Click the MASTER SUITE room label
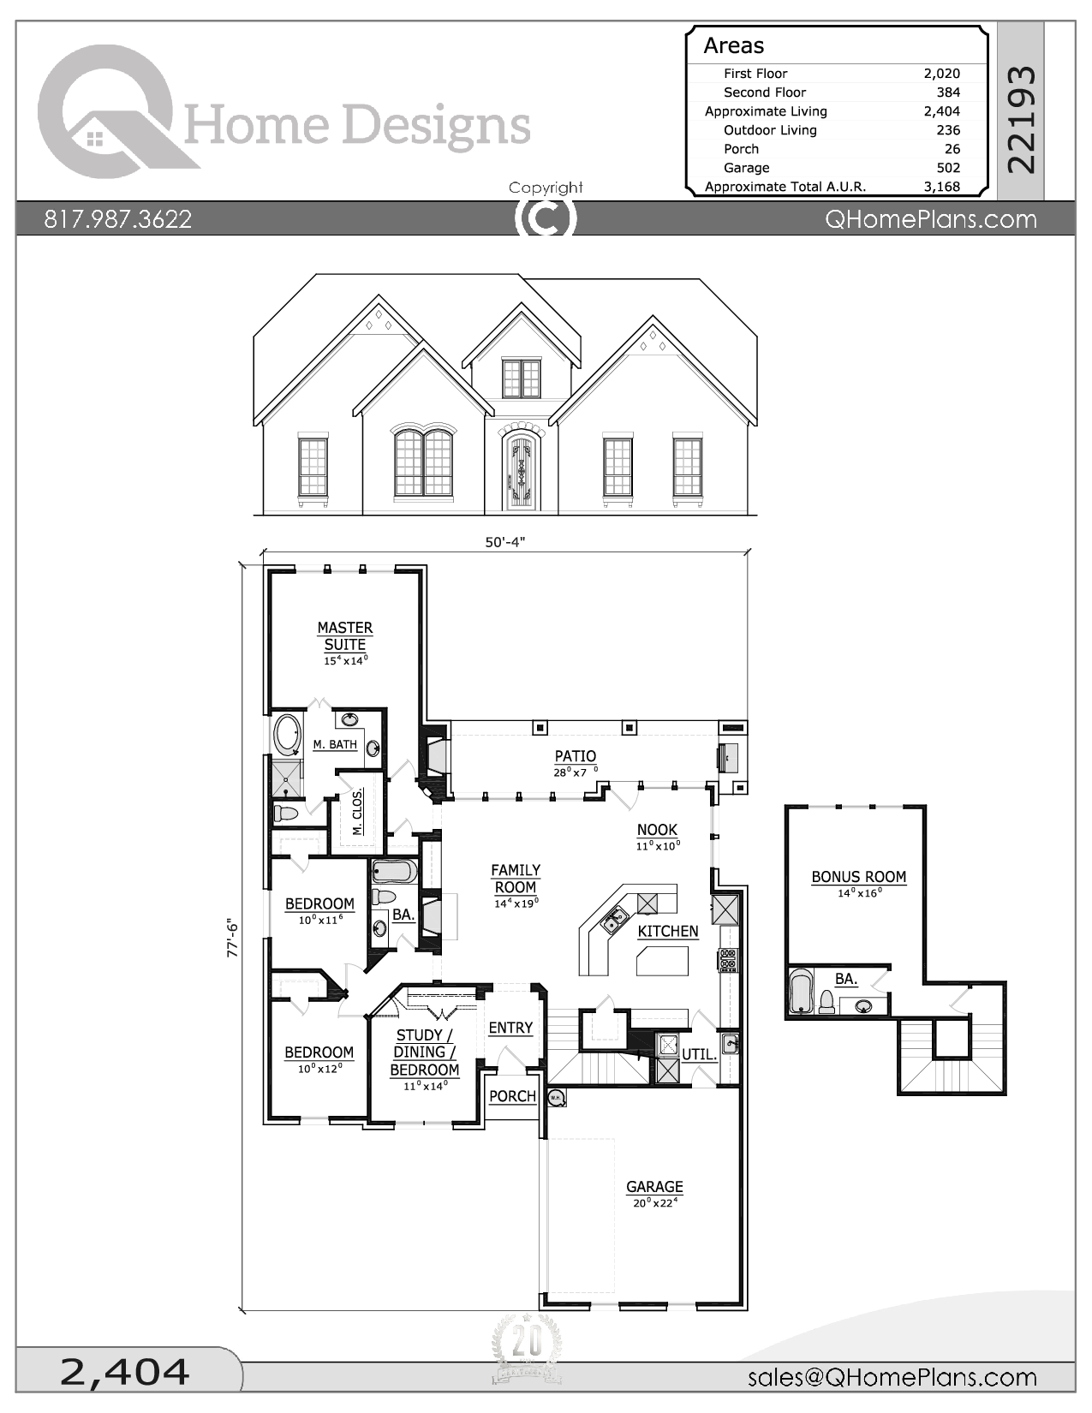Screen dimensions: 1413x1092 344,636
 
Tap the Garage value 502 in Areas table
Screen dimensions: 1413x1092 948,168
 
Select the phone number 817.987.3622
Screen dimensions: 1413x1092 118,219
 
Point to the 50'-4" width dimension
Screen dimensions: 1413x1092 504,542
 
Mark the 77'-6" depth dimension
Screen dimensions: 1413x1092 232,938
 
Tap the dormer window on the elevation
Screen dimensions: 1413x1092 521,379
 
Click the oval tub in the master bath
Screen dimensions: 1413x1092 287,736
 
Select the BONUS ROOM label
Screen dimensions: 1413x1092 858,877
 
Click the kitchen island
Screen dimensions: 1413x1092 663,961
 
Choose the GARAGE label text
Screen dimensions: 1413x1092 654,1187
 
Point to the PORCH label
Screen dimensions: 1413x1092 512,1096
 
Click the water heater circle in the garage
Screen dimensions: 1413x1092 555,1098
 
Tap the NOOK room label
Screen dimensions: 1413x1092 657,830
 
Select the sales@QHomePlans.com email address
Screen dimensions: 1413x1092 892,1376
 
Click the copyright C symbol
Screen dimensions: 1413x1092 545,219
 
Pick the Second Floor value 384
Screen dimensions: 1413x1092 948,92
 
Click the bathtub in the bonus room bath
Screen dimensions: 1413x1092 801,992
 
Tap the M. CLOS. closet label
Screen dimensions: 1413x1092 358,811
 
